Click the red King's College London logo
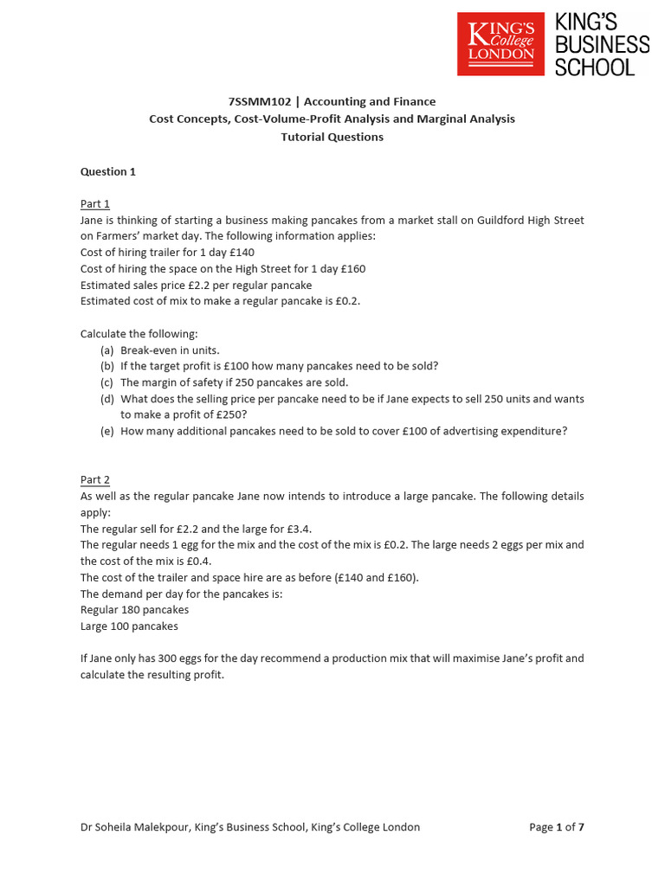(500, 44)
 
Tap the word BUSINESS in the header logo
(602, 44)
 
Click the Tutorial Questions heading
(332, 137)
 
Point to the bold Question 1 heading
(108, 171)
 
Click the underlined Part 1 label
(95, 204)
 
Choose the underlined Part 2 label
(95, 479)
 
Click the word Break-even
(149, 350)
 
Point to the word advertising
(476, 431)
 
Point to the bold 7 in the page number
(581, 827)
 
